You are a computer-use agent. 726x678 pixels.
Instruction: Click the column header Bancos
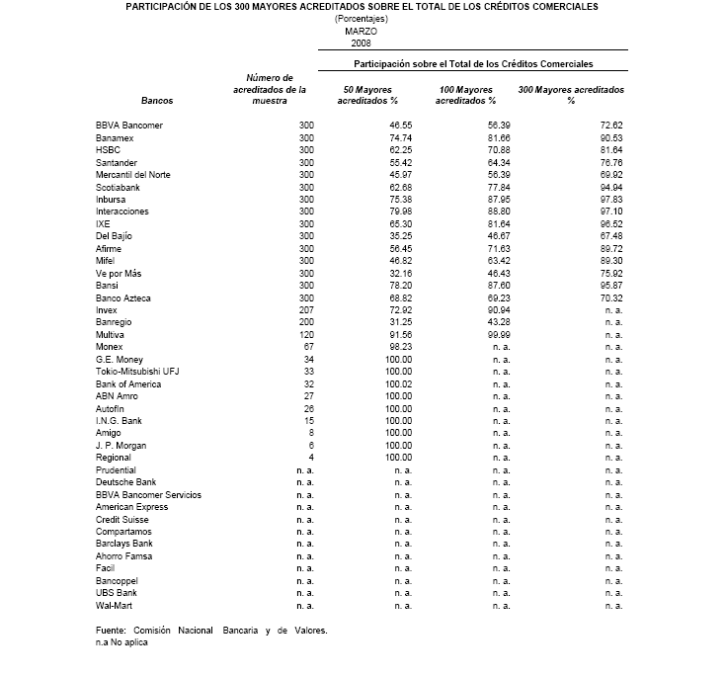(156, 101)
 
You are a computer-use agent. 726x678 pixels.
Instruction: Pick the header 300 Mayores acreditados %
(571, 96)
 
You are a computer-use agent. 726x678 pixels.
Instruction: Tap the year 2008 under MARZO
(362, 43)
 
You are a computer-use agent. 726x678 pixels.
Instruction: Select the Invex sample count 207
(303, 309)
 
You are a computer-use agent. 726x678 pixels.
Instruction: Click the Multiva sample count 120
(303, 334)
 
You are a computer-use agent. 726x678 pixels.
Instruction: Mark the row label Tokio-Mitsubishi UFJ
(138, 371)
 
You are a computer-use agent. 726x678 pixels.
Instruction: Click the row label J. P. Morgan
(121, 445)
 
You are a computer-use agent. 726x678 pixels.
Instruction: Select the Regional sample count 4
(309, 457)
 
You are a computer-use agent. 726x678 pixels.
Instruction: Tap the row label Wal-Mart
(115, 605)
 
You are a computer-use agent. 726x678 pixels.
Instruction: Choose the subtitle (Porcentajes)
(362, 19)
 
